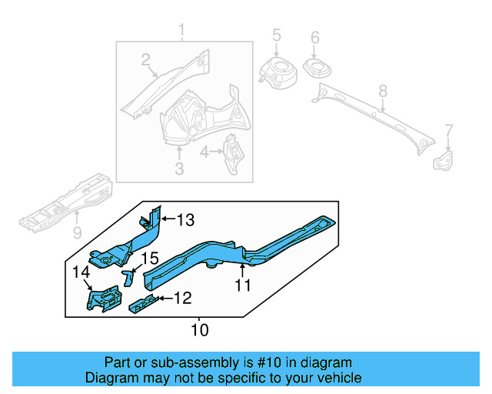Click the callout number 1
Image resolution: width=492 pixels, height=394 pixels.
click(182, 31)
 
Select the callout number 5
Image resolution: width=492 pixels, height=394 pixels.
click(277, 35)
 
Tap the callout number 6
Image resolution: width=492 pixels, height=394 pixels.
click(314, 38)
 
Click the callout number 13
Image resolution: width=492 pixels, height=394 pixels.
click(185, 221)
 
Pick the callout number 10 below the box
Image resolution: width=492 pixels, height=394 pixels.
click(199, 330)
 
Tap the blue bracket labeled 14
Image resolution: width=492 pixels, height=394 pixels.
click(103, 299)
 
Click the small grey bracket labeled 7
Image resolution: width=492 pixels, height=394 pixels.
click(443, 160)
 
